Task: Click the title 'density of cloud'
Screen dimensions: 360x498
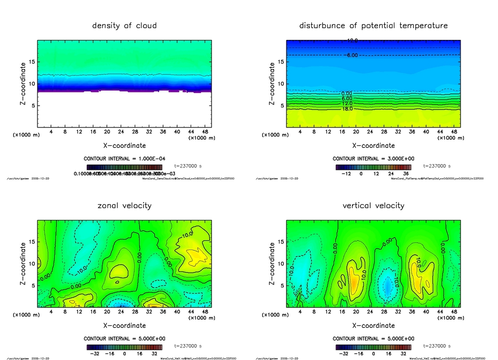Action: pos(124,25)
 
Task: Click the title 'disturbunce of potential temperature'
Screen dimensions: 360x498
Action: pos(373,25)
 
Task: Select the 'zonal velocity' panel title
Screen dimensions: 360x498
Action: pos(124,205)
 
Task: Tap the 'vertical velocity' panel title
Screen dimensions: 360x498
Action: pos(373,205)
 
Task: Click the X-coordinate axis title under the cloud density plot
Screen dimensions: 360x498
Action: pos(124,145)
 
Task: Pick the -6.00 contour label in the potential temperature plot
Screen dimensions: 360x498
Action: pos(351,55)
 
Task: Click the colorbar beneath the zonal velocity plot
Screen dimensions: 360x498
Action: pos(124,347)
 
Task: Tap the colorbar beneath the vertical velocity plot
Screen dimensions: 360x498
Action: pos(373,347)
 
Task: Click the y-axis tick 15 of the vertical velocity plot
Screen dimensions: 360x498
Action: pos(281,242)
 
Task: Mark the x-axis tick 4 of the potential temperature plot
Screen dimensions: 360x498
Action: pos(300,132)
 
